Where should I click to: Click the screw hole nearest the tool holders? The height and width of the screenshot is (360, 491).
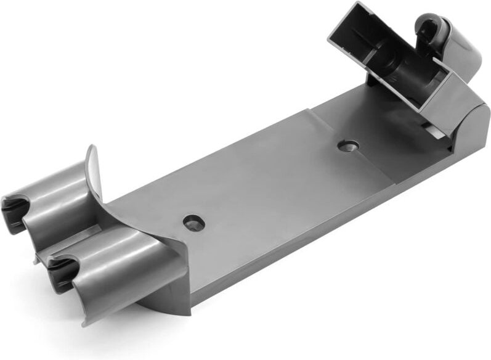coord(194,222)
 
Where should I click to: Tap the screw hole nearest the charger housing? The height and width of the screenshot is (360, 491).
coord(348,146)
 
